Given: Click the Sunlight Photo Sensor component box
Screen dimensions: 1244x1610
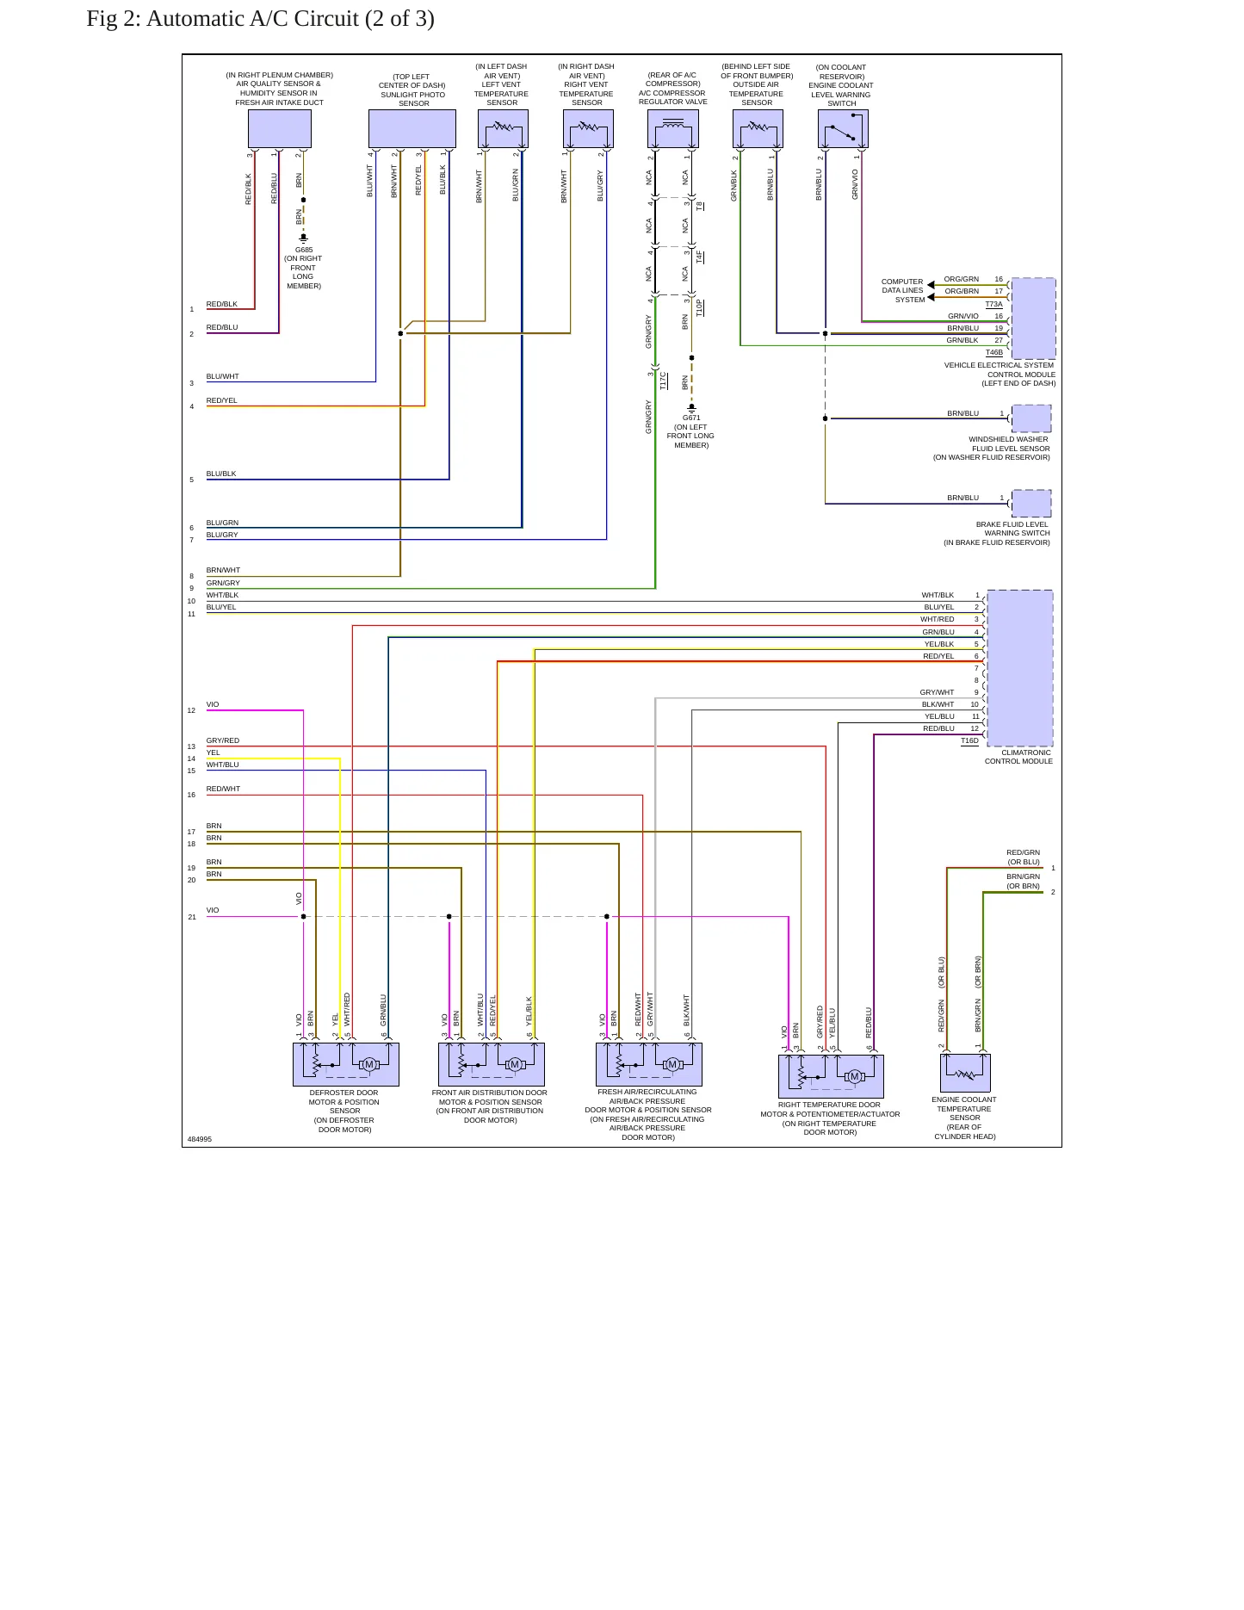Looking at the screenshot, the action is pos(412,129).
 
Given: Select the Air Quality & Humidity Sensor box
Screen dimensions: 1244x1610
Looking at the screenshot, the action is pos(280,129).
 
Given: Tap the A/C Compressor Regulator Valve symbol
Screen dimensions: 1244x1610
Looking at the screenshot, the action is pos(673,129).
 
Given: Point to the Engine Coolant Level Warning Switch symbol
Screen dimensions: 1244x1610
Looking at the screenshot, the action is pos(843,129).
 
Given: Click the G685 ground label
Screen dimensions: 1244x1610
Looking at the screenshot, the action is pos(304,250).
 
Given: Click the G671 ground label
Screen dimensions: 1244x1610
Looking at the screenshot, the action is pos(691,418).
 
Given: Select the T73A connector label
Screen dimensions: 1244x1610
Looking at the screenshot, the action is pos(994,304).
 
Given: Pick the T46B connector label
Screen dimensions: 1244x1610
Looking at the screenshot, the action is pos(994,352).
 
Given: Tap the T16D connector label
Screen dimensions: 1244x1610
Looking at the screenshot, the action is pos(969,740).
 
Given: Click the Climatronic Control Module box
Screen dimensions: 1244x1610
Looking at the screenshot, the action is pos(1020,668).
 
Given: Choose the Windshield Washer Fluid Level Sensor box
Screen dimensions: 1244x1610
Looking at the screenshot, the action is pos(1031,418).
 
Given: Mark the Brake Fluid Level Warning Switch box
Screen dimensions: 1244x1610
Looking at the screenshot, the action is pos(1031,504).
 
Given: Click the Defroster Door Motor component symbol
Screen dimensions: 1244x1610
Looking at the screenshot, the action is pos(346,1065).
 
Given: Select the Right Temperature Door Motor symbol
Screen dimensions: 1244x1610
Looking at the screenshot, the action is pos(832,1076).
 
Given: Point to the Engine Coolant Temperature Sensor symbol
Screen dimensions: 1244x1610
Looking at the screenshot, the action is pos(965,1074).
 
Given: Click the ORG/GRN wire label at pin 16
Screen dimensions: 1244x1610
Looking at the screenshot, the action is pos(962,279).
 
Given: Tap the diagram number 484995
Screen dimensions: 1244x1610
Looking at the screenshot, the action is pos(200,1139).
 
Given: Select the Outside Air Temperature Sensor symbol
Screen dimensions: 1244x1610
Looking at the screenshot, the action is pos(758,129).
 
